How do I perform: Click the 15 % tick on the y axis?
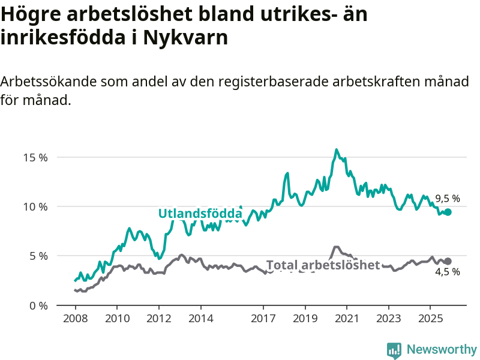[35, 158]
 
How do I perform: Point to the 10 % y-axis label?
[35, 207]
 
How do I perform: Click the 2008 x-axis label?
[75, 317]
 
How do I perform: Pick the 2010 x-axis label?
[117, 317]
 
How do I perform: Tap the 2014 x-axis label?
[200, 317]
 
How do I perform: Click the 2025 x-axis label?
[430, 317]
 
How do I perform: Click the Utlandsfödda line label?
[200, 214]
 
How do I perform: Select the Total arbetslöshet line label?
[323, 265]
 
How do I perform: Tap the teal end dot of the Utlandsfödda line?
[448, 212]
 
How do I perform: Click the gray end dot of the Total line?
[448, 261]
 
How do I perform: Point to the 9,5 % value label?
[448, 199]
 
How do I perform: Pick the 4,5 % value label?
[448, 272]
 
